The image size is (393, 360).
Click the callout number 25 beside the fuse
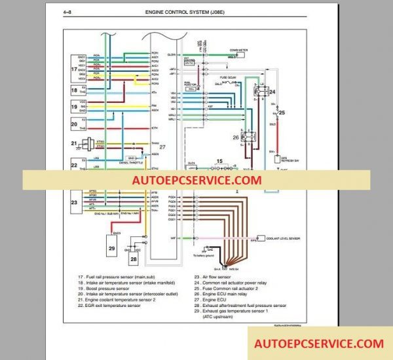click(282, 113)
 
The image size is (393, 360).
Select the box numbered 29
click(111, 247)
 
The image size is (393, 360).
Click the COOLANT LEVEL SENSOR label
click(283, 238)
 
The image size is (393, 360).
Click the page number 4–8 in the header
click(69, 12)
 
